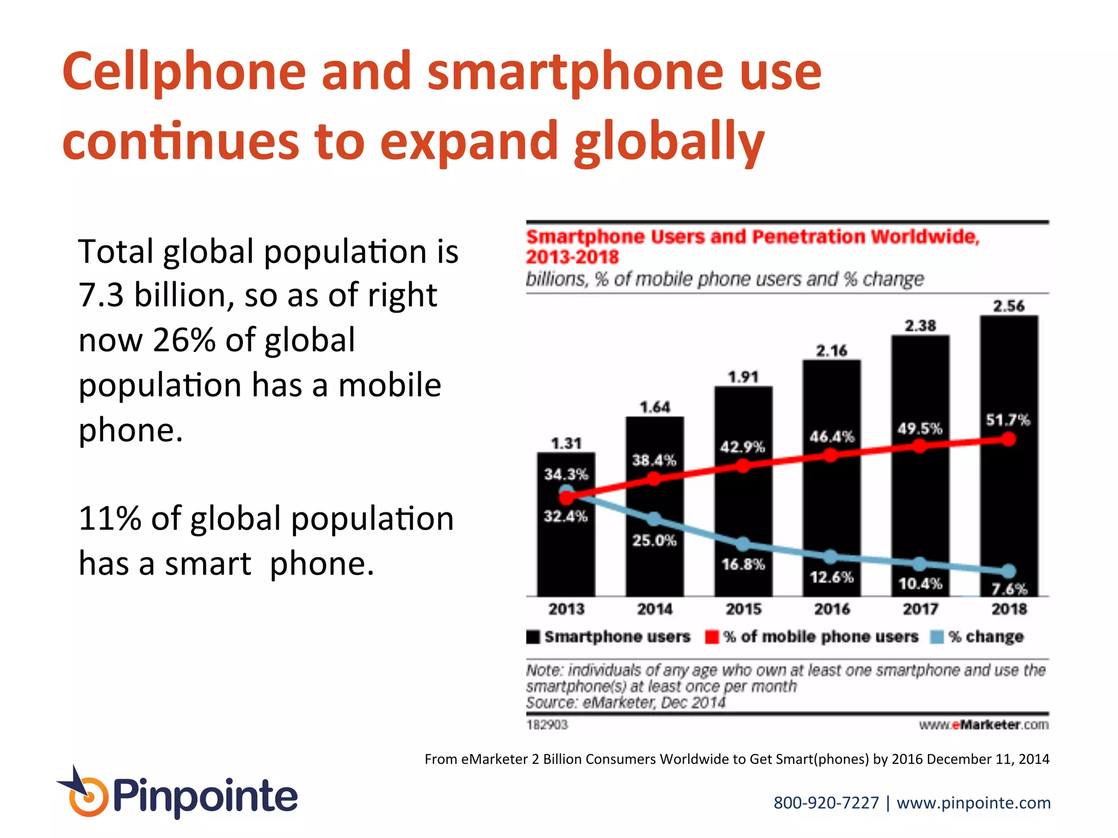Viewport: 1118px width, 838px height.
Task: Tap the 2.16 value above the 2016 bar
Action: point(831,351)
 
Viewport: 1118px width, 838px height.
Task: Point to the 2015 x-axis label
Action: point(743,609)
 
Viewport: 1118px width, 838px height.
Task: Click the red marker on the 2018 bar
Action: point(1009,439)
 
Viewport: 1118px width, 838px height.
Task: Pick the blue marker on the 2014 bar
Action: point(654,519)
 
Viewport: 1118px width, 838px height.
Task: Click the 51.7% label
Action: point(1008,420)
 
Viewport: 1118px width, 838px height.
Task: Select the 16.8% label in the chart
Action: point(743,564)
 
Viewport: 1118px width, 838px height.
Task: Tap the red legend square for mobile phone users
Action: point(712,637)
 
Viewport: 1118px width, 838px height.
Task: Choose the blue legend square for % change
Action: point(937,637)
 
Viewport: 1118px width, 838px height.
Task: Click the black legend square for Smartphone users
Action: point(533,637)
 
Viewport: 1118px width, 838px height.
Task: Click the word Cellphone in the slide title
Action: point(184,72)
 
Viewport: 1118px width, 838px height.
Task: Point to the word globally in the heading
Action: point(669,142)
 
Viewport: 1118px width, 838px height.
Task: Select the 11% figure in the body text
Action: point(110,518)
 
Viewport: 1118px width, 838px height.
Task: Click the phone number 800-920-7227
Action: point(826,803)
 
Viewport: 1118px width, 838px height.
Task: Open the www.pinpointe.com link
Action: point(973,803)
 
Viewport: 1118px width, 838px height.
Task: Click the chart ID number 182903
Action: point(547,725)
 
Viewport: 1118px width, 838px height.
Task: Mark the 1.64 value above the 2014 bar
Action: point(655,408)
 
